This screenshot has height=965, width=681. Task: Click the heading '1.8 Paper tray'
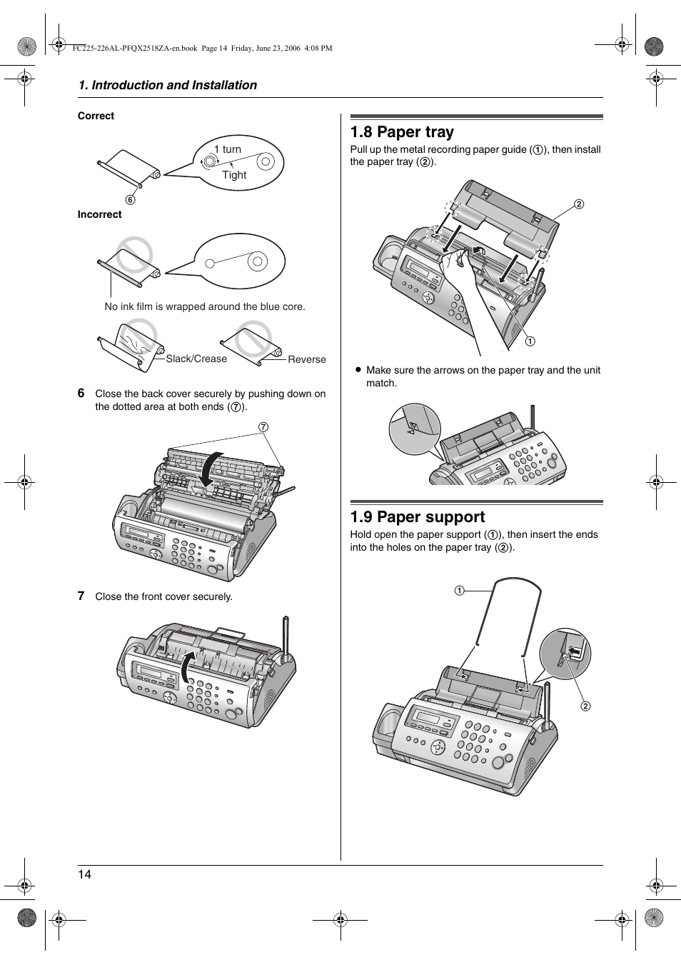[402, 132]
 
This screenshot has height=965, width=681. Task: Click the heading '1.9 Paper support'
[417, 517]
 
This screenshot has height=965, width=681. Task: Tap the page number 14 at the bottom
[85, 874]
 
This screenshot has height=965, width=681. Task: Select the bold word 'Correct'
[96, 116]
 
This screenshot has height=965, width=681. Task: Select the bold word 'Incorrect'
[99, 214]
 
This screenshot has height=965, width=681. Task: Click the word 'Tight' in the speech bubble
[234, 175]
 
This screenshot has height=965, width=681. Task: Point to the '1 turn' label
[228, 149]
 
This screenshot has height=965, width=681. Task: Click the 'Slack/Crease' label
[196, 359]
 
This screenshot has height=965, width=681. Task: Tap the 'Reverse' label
[306, 359]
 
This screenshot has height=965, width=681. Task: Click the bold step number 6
[81, 393]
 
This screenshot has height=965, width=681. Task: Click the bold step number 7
[81, 596]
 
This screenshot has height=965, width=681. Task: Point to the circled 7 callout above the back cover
[263, 427]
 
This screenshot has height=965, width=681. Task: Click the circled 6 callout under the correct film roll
[131, 200]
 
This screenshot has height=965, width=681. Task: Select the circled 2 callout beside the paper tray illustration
[579, 204]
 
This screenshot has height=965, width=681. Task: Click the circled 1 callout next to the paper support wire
[460, 591]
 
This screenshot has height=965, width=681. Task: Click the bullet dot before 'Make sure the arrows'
[358, 370]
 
